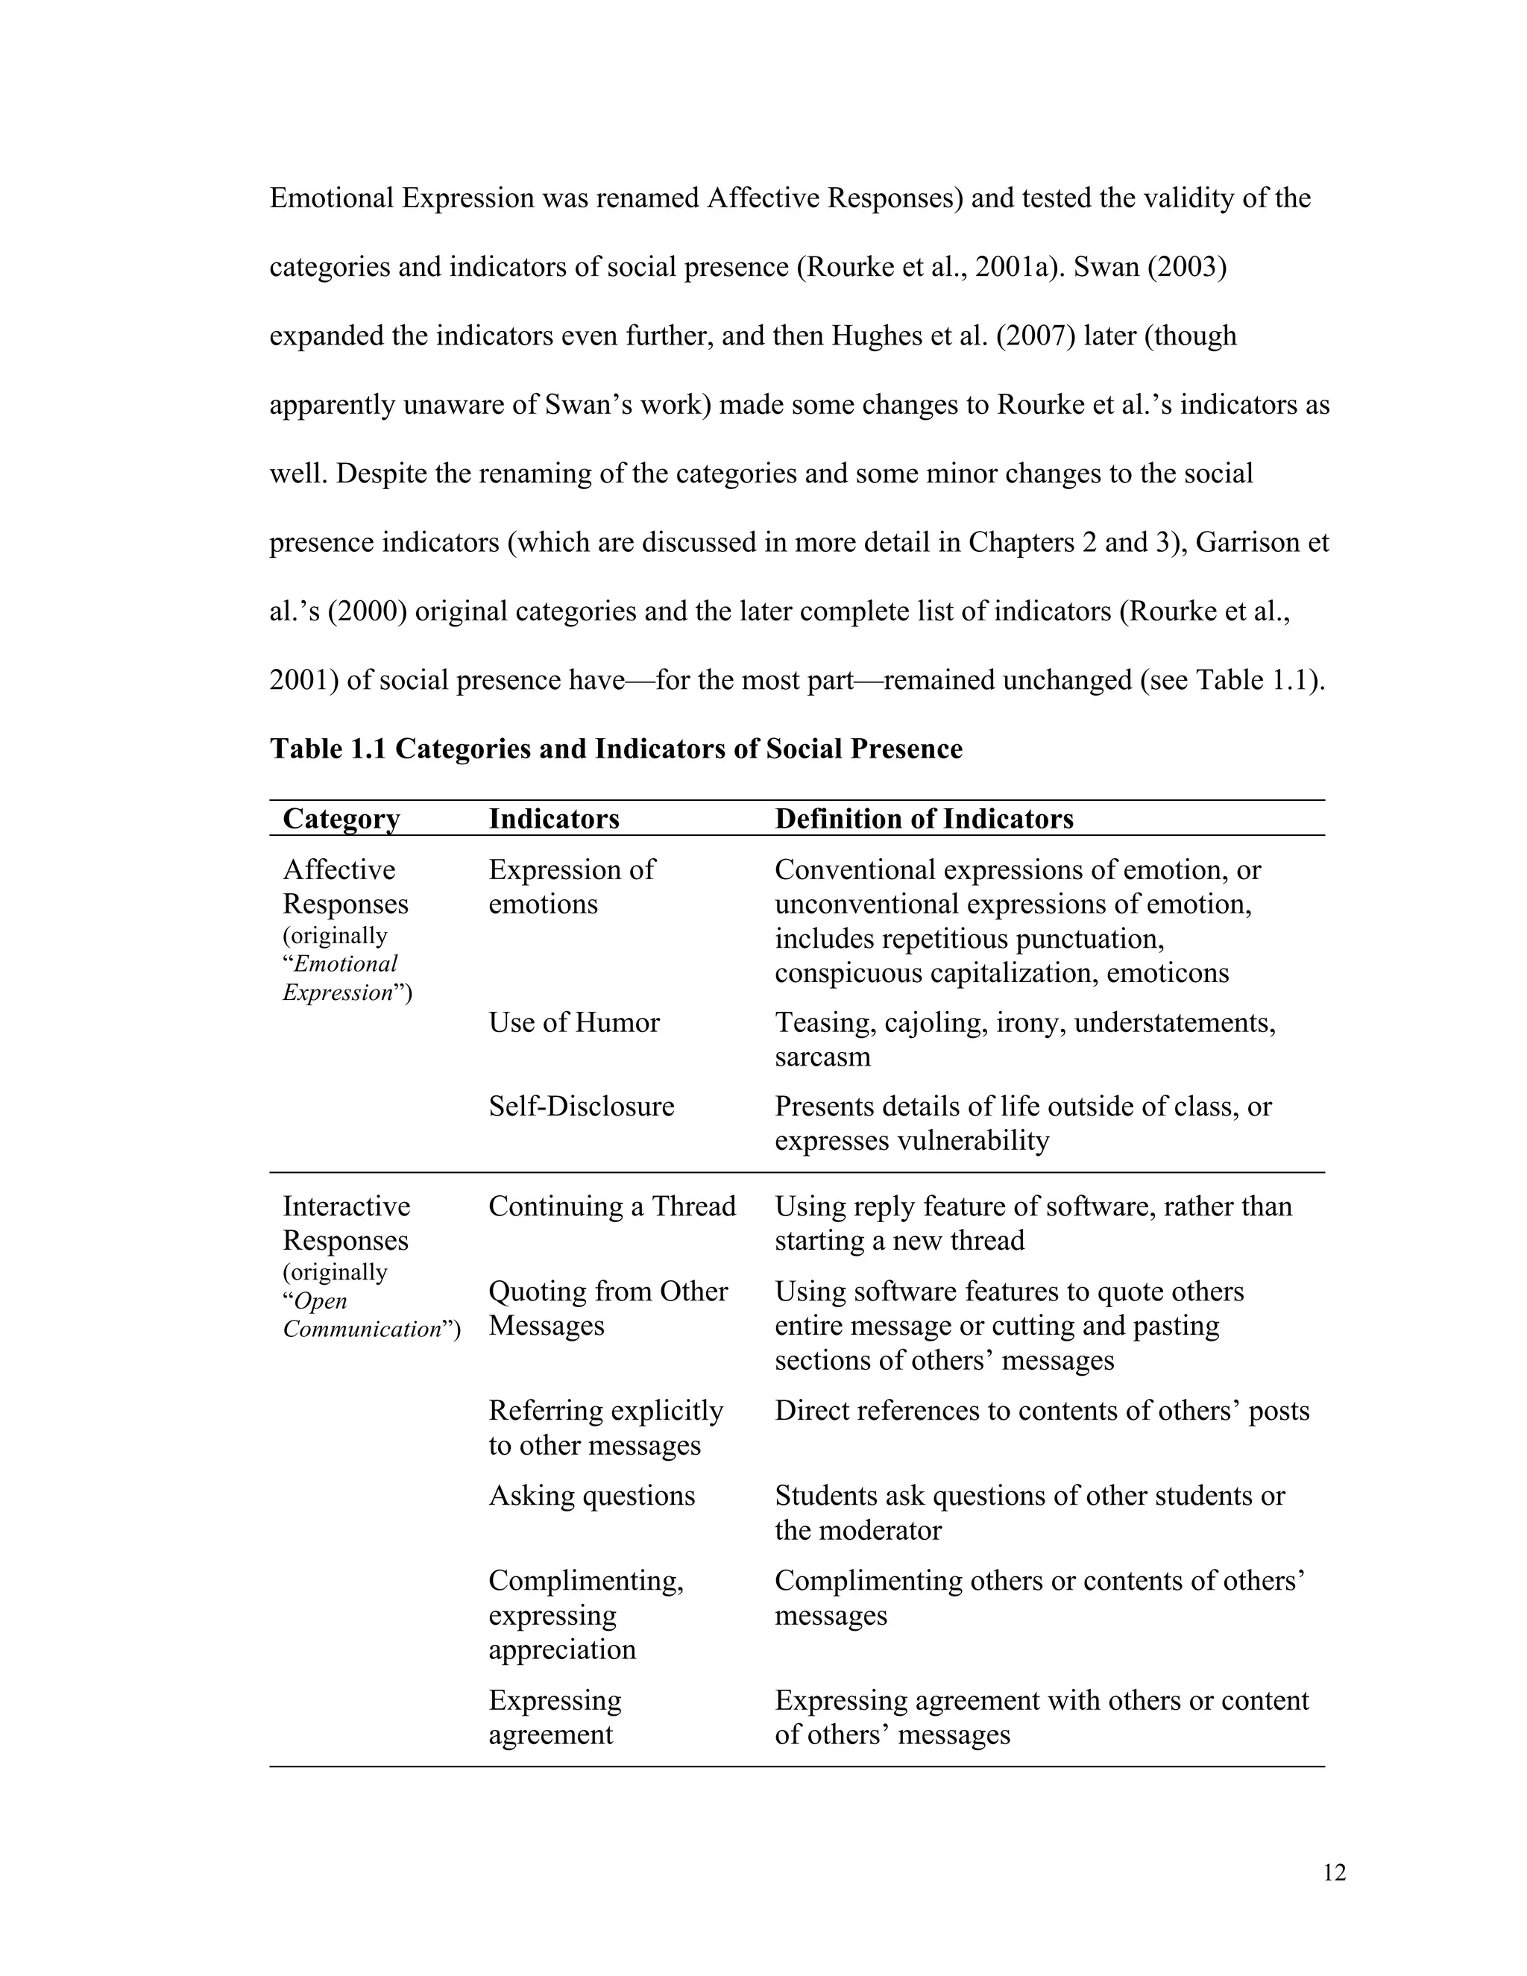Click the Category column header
[x=341, y=819]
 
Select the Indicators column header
[x=554, y=819]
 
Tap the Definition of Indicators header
[x=924, y=819]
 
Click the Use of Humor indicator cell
[x=573, y=1022]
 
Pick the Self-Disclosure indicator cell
[x=581, y=1106]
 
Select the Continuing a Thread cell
[x=611, y=1206]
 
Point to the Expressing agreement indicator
[x=555, y=1717]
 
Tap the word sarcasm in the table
[x=822, y=1057]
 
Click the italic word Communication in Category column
[x=361, y=1329]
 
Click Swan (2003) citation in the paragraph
[x=1149, y=267]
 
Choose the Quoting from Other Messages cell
[x=607, y=1309]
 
